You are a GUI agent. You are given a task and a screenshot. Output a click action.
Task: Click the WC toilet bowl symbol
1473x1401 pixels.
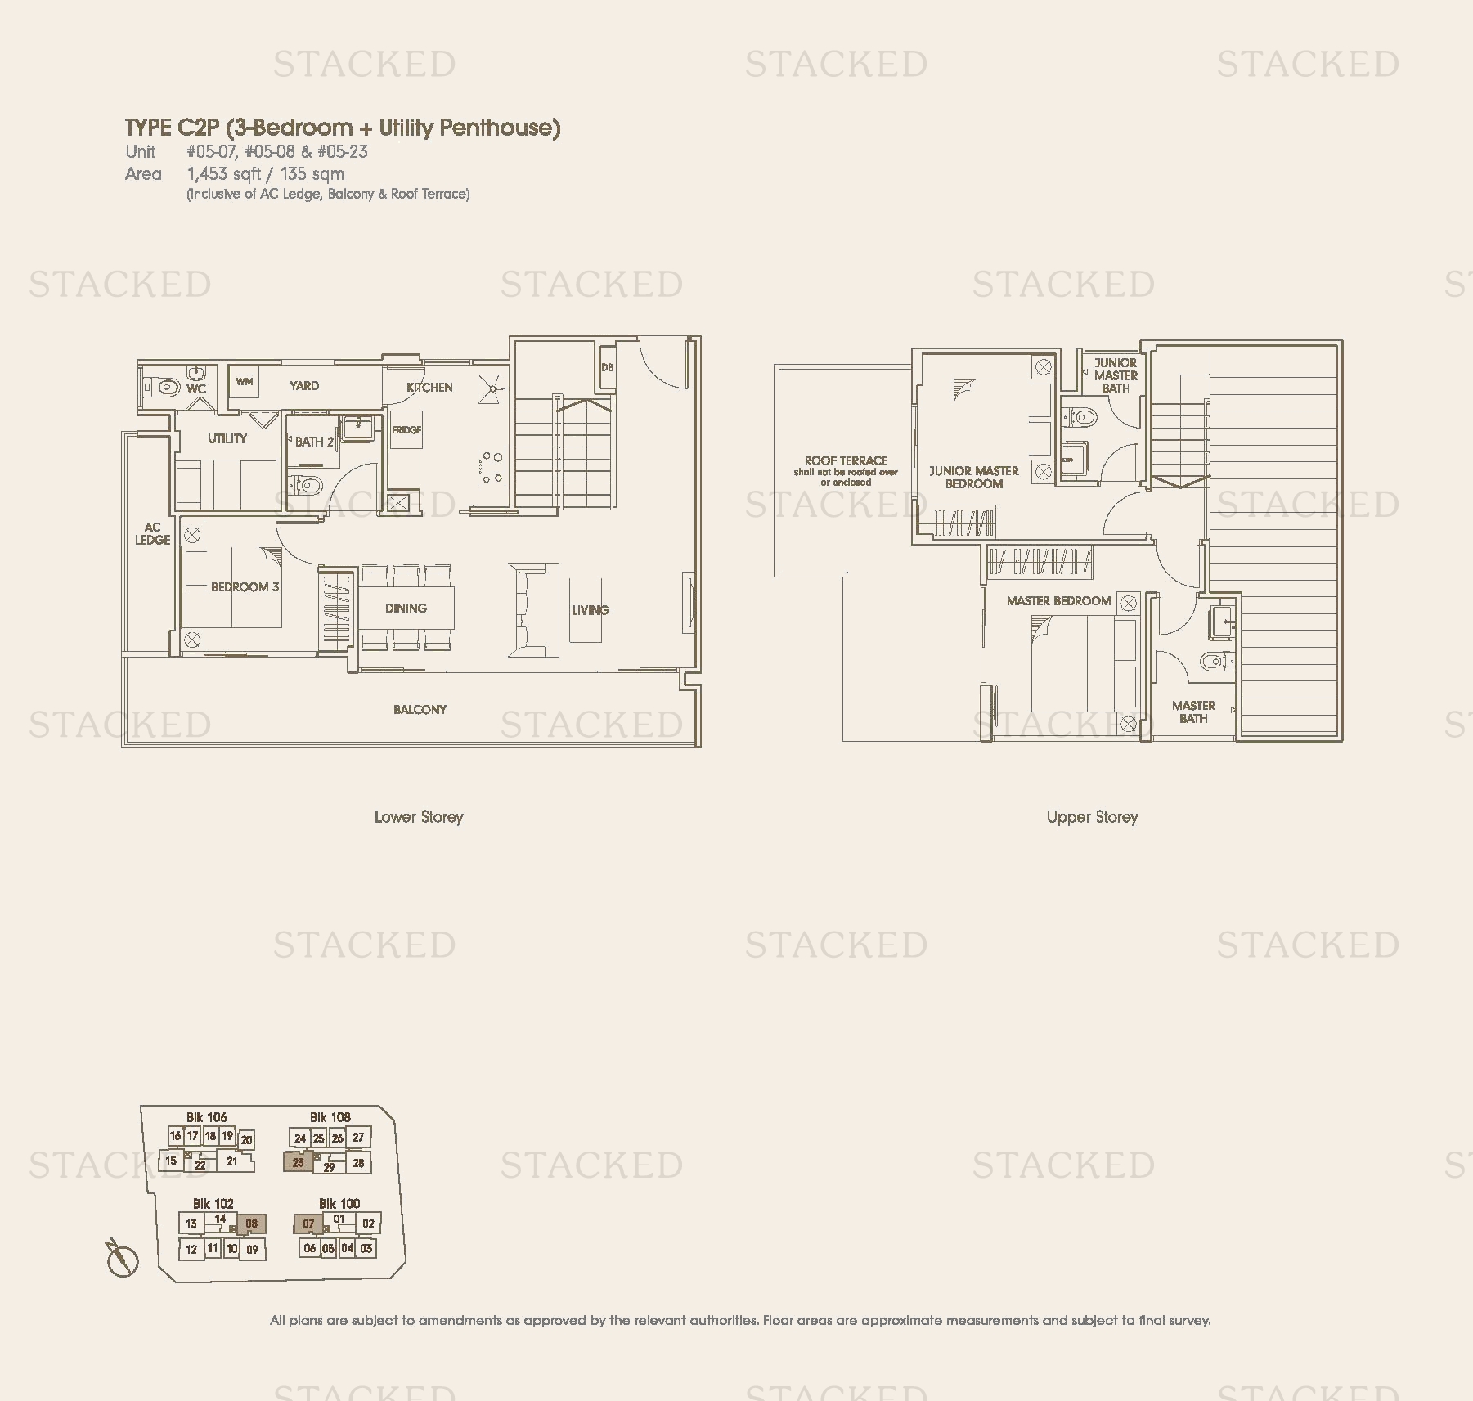[x=166, y=386]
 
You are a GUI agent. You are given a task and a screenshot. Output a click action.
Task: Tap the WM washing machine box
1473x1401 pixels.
[x=245, y=382]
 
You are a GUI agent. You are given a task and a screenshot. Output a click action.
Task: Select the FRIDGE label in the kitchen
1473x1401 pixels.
[x=406, y=430]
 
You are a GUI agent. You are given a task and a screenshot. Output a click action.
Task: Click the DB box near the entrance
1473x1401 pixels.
[x=607, y=367]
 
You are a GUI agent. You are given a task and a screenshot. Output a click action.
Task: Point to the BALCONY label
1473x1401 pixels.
[x=420, y=709]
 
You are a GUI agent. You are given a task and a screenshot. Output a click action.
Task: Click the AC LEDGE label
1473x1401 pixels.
[x=152, y=533]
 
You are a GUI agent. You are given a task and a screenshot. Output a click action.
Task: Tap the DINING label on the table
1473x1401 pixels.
[x=406, y=608]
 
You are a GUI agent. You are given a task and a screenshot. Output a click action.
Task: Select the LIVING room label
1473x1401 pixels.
[x=590, y=610]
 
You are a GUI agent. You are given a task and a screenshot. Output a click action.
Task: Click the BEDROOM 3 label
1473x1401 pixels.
[x=245, y=586]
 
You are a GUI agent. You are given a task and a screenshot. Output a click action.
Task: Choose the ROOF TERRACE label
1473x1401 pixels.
[x=846, y=460]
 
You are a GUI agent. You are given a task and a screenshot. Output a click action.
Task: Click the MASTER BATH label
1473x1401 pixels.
[x=1193, y=712]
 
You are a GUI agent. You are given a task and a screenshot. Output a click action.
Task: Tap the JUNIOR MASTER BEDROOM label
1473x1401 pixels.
[x=974, y=477]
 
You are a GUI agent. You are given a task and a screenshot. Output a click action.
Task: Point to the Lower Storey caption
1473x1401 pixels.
[x=419, y=816]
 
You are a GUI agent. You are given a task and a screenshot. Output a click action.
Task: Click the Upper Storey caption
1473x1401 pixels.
[x=1092, y=816]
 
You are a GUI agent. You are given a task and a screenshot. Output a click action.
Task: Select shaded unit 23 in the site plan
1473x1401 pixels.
[x=298, y=1161]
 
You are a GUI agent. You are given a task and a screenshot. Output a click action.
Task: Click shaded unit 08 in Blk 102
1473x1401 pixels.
[x=251, y=1224]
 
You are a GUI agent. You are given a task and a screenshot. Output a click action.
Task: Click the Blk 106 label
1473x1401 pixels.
[x=206, y=1117]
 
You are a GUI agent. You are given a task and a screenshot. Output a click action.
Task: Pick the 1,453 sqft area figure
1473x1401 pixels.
[x=224, y=173]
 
